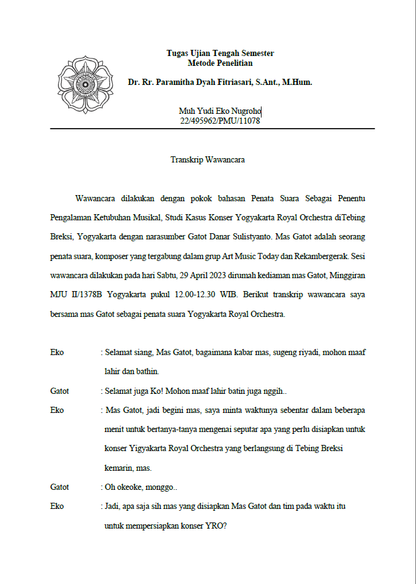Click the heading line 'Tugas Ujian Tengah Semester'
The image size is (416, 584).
coord(220,54)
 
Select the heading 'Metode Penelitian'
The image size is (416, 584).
coord(220,63)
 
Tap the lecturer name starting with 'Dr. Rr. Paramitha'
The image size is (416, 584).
coord(220,82)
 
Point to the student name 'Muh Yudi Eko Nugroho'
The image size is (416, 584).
coord(220,111)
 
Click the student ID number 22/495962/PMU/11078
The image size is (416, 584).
coord(220,121)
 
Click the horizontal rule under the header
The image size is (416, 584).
coord(212,129)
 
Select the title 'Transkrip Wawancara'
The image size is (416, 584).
coord(208,160)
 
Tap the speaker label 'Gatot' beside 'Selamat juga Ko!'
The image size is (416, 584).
coord(60,391)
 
